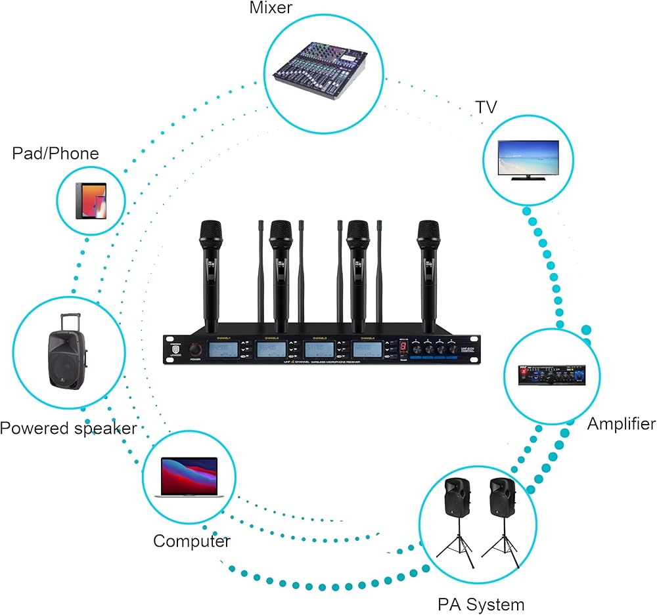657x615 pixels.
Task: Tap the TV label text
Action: click(486, 107)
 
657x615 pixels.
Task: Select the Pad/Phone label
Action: click(56, 154)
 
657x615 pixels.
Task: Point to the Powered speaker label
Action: click(68, 429)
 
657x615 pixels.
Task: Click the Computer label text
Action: click(192, 541)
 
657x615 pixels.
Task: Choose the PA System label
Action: click(481, 604)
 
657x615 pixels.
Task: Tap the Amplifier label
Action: click(621, 423)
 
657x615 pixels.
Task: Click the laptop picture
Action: click(189, 477)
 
